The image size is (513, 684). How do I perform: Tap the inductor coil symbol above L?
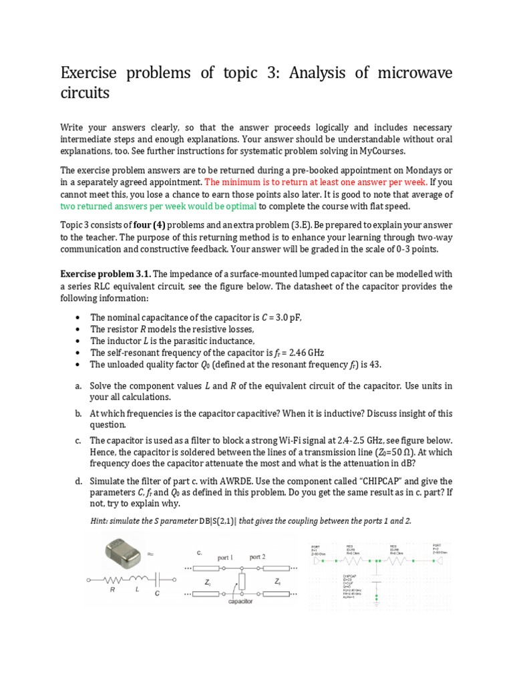[x=138, y=578]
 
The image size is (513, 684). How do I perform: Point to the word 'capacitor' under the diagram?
[x=240, y=601]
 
